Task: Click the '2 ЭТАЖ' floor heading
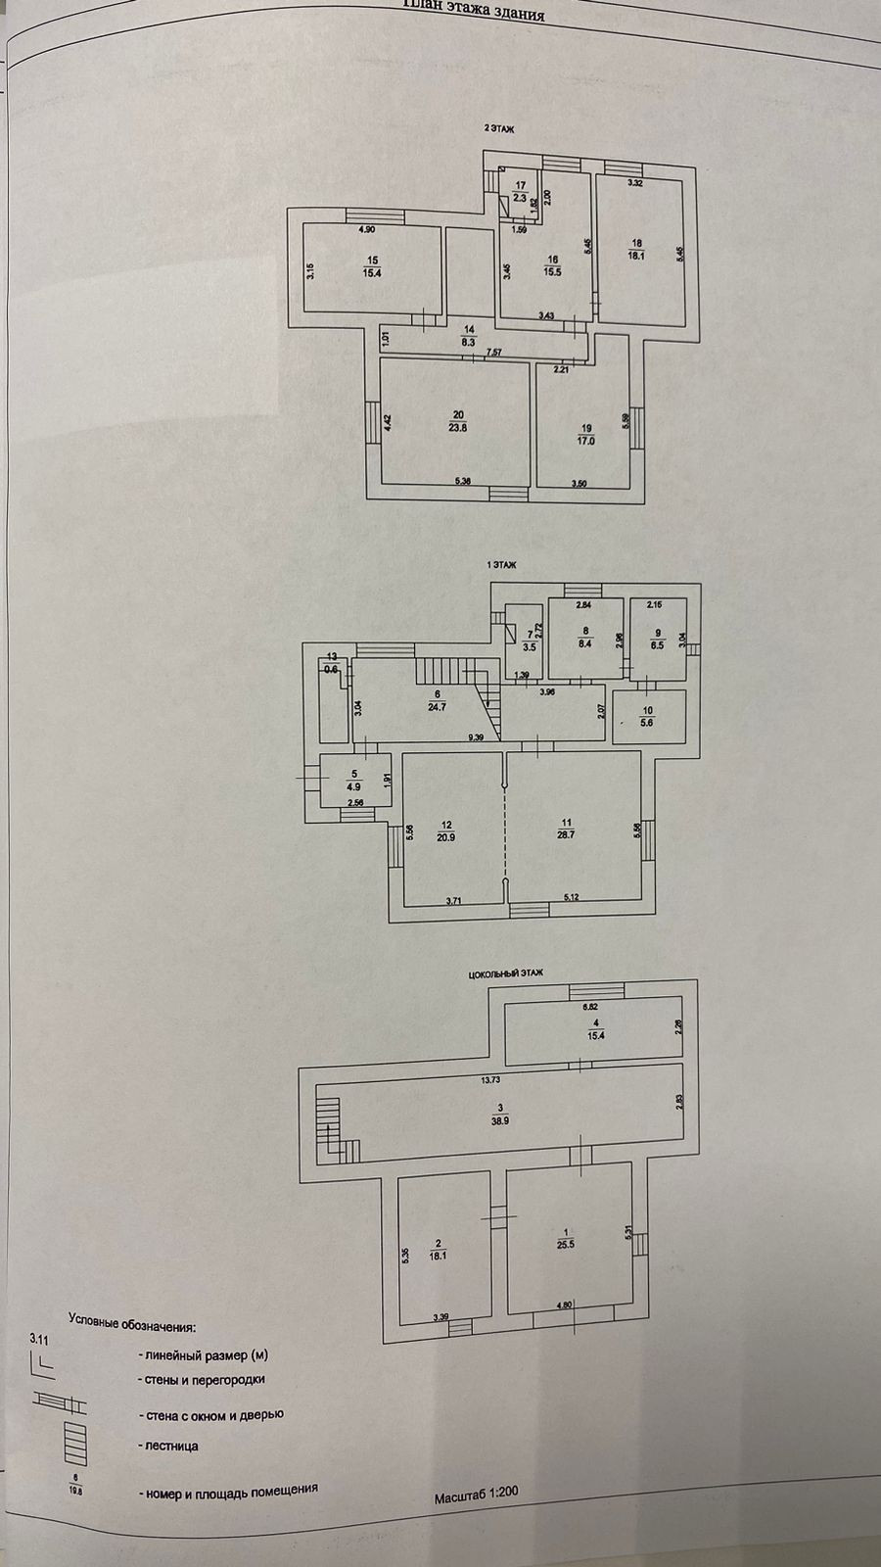(x=500, y=128)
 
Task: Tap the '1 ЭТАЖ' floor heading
(x=500, y=565)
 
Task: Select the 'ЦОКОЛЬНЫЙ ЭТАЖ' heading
(x=506, y=973)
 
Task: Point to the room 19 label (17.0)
(x=586, y=435)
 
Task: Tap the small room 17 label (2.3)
(x=521, y=192)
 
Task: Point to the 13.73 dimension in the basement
(x=489, y=1081)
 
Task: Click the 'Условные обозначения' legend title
(x=132, y=1329)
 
